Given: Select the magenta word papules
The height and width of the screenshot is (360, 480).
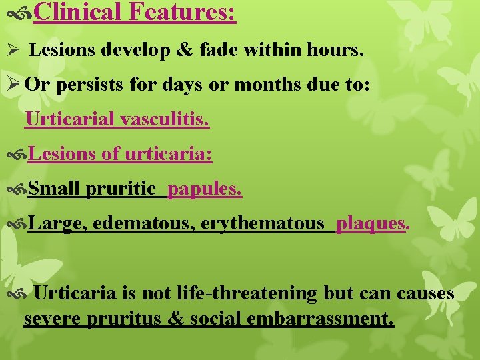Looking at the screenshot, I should (205, 189).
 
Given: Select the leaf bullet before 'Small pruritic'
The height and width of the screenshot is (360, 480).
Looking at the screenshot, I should (17, 190).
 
